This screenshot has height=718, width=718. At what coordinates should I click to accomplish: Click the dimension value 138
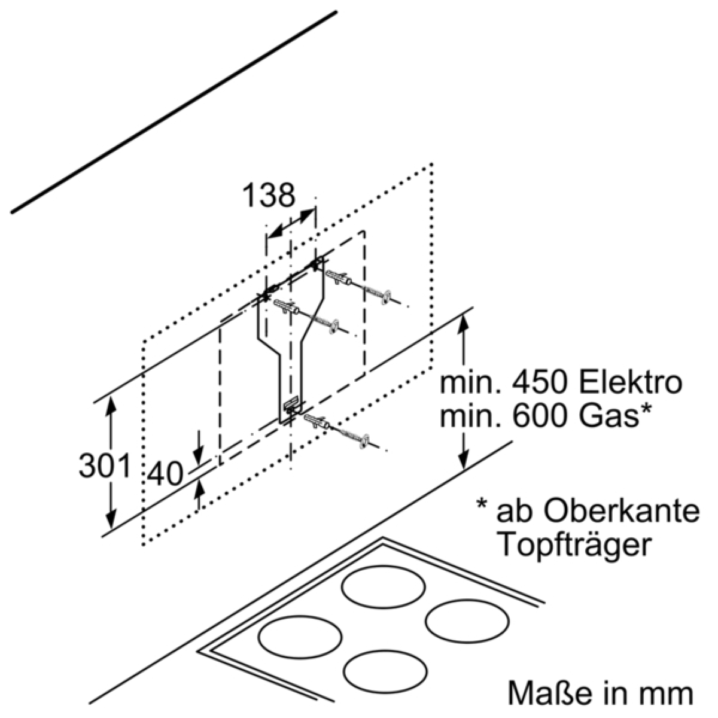[269, 196]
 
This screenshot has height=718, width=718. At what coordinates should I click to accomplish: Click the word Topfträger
[574, 544]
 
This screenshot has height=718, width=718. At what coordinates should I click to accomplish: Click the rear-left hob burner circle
[384, 586]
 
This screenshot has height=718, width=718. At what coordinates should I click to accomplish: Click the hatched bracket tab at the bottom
[290, 406]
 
